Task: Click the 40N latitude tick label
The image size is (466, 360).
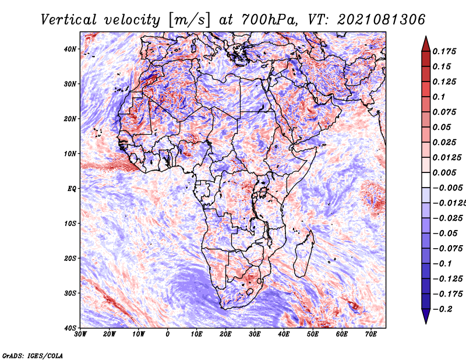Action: coord(70,49)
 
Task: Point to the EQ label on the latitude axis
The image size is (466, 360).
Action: coord(72,189)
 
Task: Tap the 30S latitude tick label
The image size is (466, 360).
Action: coord(70,294)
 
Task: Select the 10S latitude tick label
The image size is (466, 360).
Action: coord(70,224)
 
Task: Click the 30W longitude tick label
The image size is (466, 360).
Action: coord(80,334)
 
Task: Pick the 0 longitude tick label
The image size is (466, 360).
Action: coord(168,334)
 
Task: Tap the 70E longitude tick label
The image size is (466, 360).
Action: coord(370,334)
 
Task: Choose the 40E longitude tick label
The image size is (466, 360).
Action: coord(284,334)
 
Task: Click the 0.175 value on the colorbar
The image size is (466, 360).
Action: coord(444,51)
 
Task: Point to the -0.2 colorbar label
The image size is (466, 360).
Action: coord(443,309)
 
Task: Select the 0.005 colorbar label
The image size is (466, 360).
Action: coord(444,172)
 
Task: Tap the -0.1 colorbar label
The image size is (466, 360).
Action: coord(443,264)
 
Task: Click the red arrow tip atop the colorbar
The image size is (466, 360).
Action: coord(426,37)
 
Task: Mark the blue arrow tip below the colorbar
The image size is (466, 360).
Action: coord(426,323)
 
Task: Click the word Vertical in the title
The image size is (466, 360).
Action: coord(69,20)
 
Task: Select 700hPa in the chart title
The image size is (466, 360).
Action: coord(269,20)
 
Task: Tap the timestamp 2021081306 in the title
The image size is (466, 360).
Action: coord(382,20)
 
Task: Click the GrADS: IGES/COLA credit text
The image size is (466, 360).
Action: coord(33,356)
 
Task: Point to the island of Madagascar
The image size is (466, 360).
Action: coord(304,253)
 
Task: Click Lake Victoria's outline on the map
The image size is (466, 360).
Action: coord(263,192)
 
